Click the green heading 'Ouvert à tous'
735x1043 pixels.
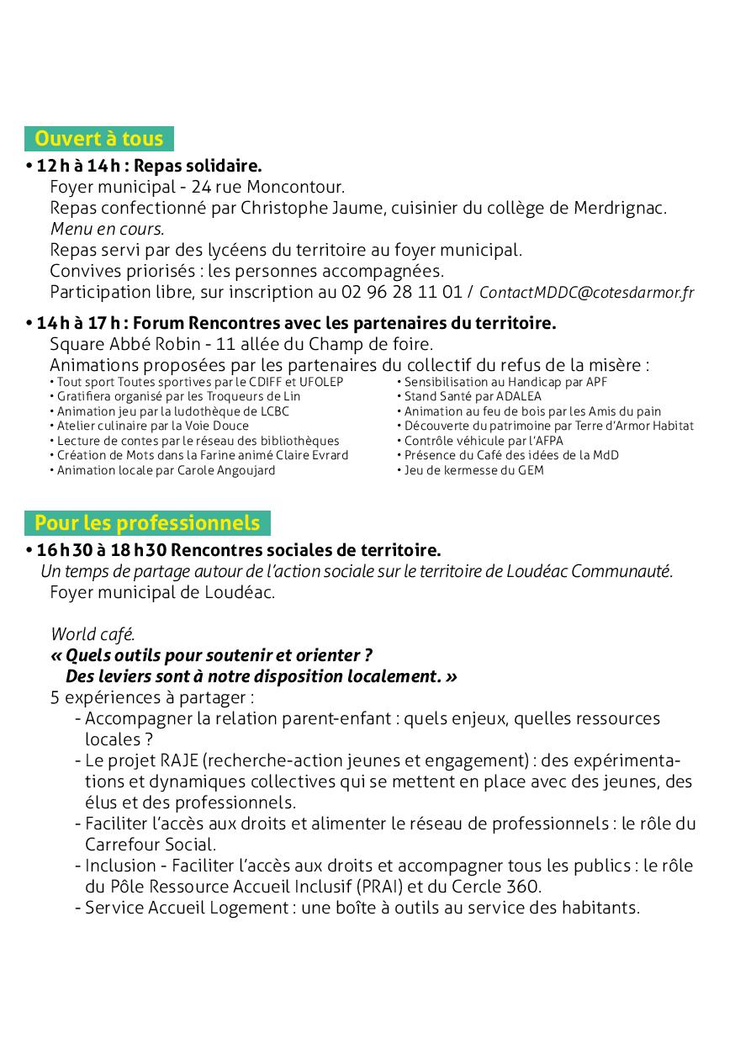pos(99,139)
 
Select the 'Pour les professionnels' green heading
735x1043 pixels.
pos(147,523)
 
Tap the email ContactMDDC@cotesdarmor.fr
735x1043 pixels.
pos(586,293)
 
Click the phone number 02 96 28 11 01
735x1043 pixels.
pos(402,292)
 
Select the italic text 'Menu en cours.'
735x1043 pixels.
pos(107,229)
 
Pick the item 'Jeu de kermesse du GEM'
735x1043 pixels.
pos(473,470)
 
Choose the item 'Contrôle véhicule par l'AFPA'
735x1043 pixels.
pos(484,441)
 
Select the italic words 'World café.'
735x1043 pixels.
pos(93,634)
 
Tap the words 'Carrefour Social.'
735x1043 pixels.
pos(151,844)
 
